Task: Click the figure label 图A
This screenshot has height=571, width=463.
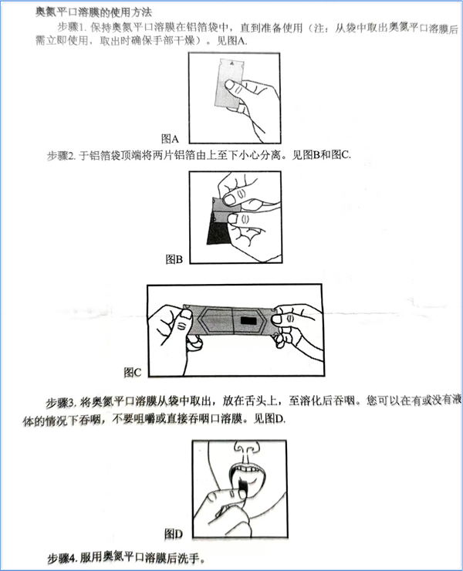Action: point(170,139)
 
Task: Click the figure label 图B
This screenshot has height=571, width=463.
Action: point(174,259)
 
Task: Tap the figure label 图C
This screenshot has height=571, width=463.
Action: point(132,372)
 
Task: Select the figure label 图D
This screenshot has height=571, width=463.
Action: point(173,534)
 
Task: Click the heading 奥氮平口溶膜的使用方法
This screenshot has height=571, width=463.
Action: point(93,12)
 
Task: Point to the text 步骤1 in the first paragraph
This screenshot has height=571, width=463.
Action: point(70,27)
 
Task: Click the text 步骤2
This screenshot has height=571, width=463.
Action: point(59,156)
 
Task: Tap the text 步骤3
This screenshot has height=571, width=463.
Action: point(59,403)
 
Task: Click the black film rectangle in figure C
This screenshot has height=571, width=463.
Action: point(248,321)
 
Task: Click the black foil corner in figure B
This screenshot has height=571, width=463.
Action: point(217,232)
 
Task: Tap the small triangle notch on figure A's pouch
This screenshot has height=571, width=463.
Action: point(231,63)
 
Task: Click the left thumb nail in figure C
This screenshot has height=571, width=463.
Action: point(187,314)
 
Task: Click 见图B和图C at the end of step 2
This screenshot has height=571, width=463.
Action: point(321,155)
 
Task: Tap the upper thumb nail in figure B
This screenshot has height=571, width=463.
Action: point(229,200)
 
